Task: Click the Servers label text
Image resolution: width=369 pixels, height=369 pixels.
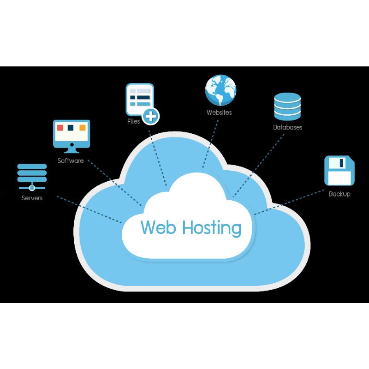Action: (x=32, y=198)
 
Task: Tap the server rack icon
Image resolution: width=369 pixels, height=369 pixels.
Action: (x=32, y=176)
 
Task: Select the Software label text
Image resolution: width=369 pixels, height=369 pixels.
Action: (x=71, y=161)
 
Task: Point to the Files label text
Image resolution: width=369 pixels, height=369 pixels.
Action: (x=134, y=121)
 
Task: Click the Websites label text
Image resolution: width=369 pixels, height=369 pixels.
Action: (x=219, y=113)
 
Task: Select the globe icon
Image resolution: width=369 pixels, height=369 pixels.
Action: (x=220, y=90)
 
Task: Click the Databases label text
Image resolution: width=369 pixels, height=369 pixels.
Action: (x=287, y=127)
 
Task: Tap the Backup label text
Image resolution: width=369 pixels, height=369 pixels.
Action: (x=339, y=194)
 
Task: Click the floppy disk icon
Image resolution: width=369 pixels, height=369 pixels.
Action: (x=339, y=170)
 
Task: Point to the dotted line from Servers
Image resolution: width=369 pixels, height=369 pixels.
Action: (x=88, y=208)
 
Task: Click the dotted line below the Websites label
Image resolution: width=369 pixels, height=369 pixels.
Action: (x=210, y=143)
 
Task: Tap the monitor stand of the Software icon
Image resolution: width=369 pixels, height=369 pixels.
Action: (x=71, y=149)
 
